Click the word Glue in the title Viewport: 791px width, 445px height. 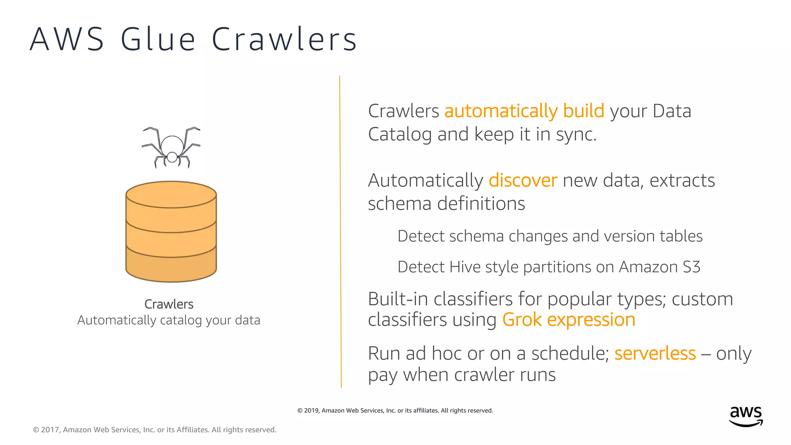pyautogui.click(x=158, y=39)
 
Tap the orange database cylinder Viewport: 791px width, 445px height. pyautogui.click(x=171, y=232)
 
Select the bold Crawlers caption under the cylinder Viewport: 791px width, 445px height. pyautogui.click(x=169, y=304)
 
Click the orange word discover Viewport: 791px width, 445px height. pyautogui.click(x=523, y=180)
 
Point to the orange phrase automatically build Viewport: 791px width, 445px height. pyautogui.click(x=524, y=111)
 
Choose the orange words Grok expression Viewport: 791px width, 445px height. pyautogui.click(x=569, y=320)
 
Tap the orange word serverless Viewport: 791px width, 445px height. pyautogui.click(x=655, y=353)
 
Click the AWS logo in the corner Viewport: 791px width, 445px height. pyautogui.click(x=746, y=416)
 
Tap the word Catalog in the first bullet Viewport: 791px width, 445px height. pyautogui.click(x=400, y=134)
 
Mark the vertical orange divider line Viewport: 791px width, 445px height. pyautogui.click(x=340, y=232)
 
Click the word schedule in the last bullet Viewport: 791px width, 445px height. pyautogui.click(x=570, y=353)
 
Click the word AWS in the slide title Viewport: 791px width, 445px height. pyautogui.click(x=67, y=39)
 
